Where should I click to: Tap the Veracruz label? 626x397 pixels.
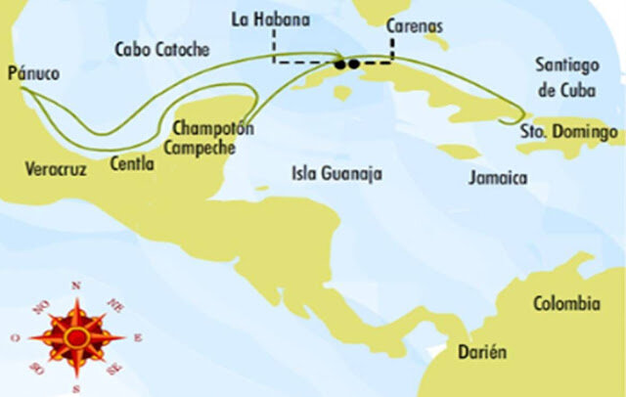tap(56, 169)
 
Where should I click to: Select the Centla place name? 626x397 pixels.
tap(132, 163)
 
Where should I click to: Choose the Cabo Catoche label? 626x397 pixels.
tap(162, 49)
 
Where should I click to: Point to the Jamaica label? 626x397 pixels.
tap(498, 178)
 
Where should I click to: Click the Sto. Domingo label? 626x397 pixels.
tap(568, 130)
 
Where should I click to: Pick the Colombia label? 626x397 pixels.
tap(565, 305)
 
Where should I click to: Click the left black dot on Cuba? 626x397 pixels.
tap(340, 65)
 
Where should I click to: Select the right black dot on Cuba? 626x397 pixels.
tap(353, 65)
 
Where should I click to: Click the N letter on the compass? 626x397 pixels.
tap(76, 286)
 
